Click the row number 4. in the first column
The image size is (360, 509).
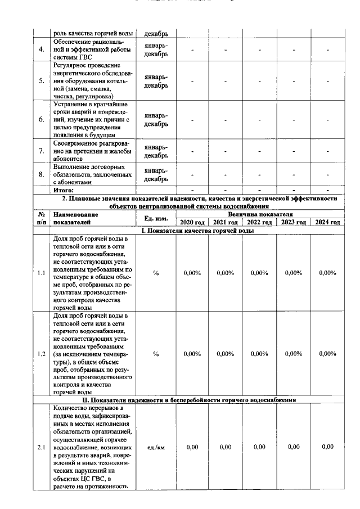pos(41,50)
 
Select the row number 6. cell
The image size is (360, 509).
pos(41,119)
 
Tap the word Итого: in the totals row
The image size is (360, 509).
pos(63,190)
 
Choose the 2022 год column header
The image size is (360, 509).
pos(259,222)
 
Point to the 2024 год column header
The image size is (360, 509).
pos(327,222)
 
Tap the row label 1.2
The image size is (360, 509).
pos(41,354)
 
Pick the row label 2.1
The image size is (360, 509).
pos(41,447)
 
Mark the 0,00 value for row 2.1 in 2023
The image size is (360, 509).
pos(293,447)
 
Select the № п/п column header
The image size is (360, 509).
pos(41,218)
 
